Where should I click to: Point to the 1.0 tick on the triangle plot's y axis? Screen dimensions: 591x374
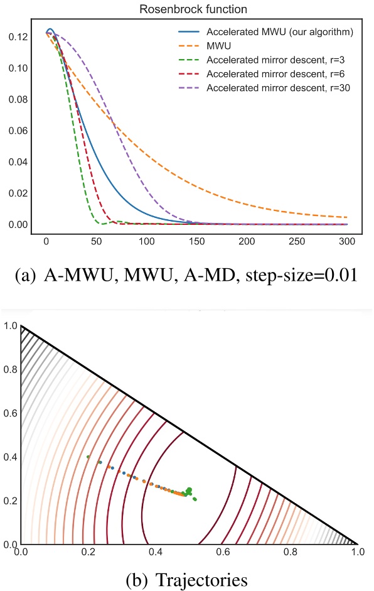coord(10,325)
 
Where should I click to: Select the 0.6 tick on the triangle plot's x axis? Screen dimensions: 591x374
coord(223,553)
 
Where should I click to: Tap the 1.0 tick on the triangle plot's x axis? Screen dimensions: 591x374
coord(358,553)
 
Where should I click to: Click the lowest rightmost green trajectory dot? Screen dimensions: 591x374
coord(195,499)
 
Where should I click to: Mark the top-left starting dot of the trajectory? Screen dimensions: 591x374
coord(88,457)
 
